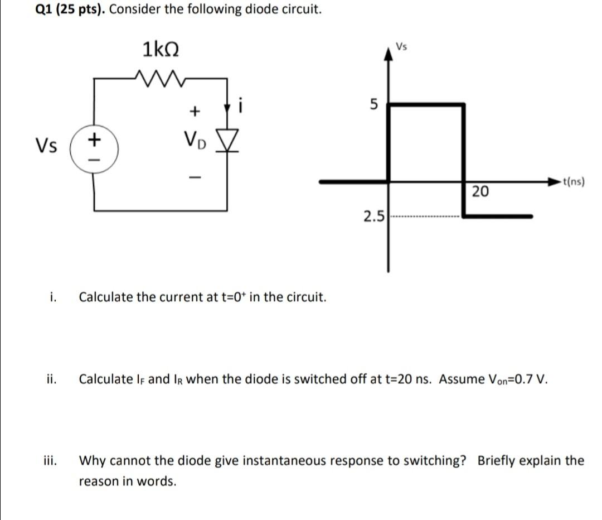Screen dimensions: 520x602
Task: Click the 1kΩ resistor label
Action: tap(161, 50)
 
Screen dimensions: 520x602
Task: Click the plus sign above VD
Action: tap(195, 112)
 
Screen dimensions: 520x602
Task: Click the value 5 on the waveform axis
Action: tap(374, 104)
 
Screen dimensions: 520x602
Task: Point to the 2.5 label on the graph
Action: tap(373, 216)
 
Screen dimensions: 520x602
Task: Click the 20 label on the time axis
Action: tap(480, 192)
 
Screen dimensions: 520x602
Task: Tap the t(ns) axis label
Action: tap(574, 181)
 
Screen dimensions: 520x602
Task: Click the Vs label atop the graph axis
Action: tap(401, 46)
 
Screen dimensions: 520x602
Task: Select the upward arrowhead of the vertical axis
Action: tap(389, 52)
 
